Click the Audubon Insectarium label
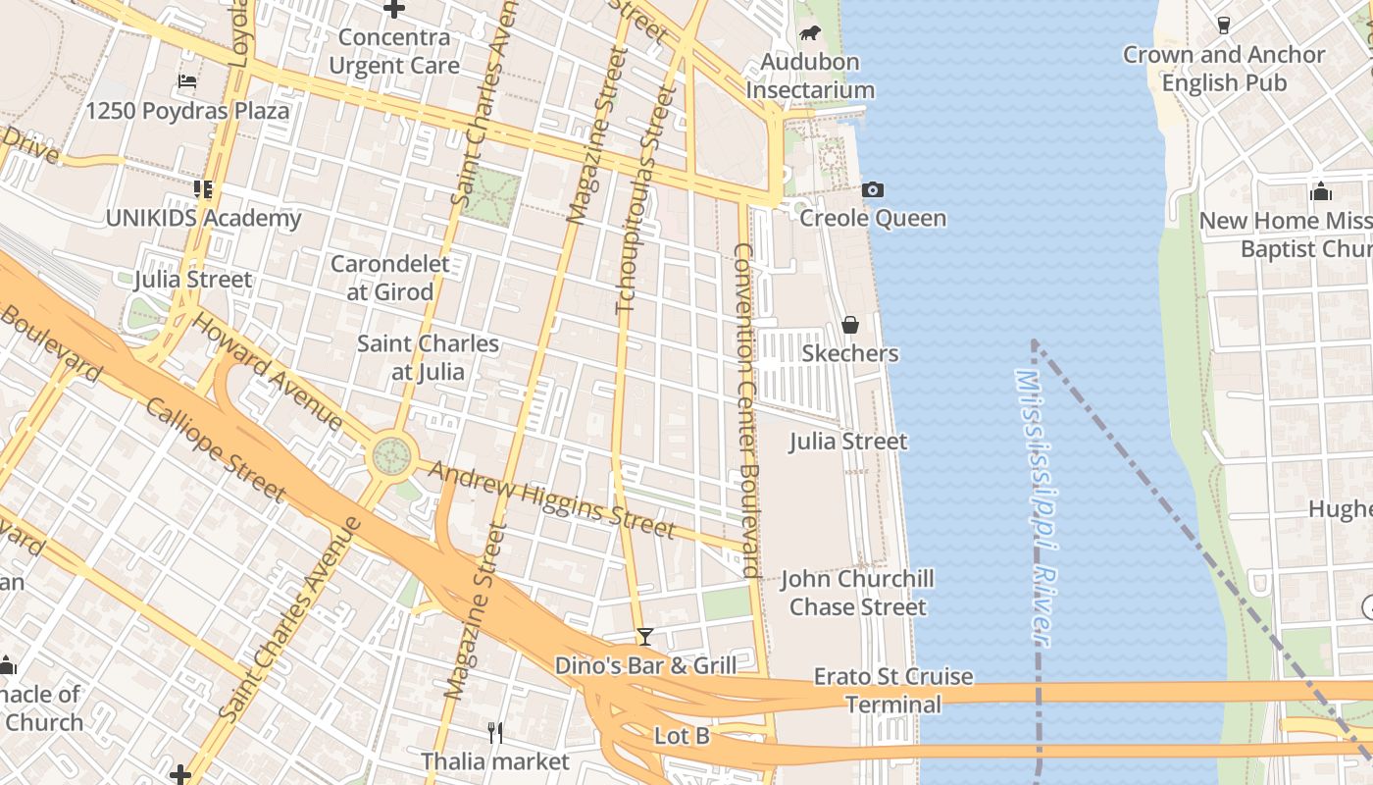[x=810, y=77]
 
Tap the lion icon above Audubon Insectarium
[x=810, y=33]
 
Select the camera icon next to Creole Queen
[x=872, y=189]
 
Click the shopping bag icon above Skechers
[x=850, y=325]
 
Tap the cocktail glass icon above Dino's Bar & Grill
[x=645, y=637]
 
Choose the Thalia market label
[x=495, y=761]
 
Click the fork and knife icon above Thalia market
[x=495, y=732]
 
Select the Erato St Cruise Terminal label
[x=893, y=691]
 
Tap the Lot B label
[x=682, y=736]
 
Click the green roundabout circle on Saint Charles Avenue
[x=392, y=455]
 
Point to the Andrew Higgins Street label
[x=552, y=500]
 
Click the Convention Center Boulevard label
[x=746, y=410]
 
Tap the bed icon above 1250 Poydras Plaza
[x=187, y=80]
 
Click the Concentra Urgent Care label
[x=394, y=52]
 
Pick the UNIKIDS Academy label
[x=203, y=218]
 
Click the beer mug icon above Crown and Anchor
[x=1224, y=26]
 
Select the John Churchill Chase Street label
[x=858, y=593]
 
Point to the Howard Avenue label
[x=267, y=371]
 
